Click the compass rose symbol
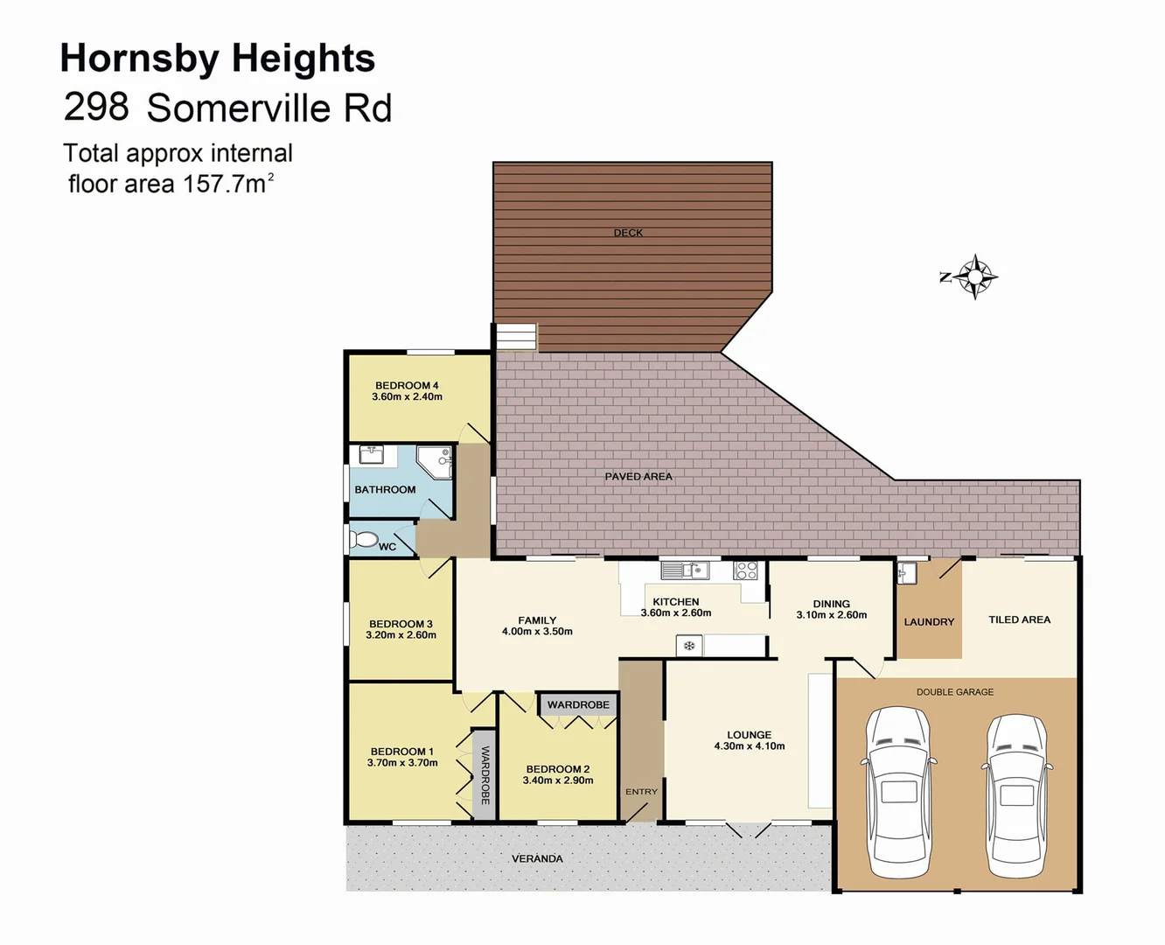tap(973, 277)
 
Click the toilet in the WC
tap(363, 539)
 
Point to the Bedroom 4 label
tap(407, 391)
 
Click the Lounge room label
tap(749, 740)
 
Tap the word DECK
tap(628, 233)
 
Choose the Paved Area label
tap(638, 476)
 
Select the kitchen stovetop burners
tap(745, 570)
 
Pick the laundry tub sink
tap(907, 573)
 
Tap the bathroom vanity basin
tap(373, 456)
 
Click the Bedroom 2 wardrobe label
tap(578, 704)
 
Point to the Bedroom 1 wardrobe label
tap(485, 775)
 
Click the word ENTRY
tap(641, 792)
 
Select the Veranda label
tap(537, 858)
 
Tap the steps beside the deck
tap(516, 337)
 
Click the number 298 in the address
tap(96, 107)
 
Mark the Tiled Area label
tap(1019, 619)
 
